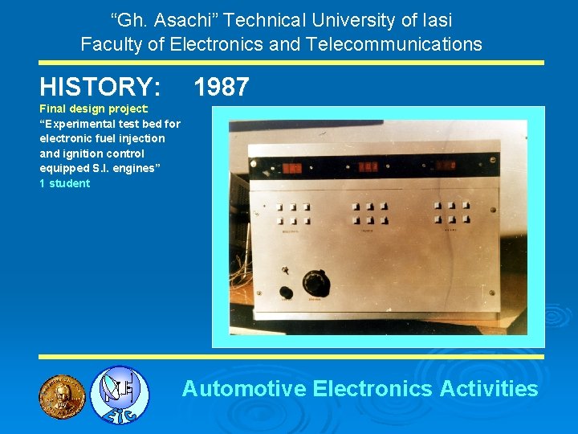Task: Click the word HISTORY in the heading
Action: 100,86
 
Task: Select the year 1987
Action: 222,87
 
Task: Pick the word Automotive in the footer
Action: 244,389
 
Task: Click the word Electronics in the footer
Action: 372,389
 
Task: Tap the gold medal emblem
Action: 62,396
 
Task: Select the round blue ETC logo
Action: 119,395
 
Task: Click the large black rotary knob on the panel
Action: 315,282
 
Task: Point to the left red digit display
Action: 291,169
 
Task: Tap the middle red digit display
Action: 368,168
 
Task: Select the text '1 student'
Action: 65,183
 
